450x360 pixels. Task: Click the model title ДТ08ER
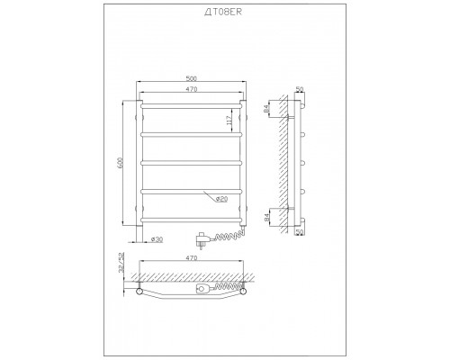[223, 12]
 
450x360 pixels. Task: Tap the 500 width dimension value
[192, 78]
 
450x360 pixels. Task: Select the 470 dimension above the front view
[192, 89]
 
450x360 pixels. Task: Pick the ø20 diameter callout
[221, 199]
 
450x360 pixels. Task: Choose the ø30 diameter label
[157, 239]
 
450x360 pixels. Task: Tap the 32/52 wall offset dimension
[121, 262]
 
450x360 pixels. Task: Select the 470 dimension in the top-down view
[192, 257]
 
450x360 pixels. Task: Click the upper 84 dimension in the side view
[266, 109]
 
